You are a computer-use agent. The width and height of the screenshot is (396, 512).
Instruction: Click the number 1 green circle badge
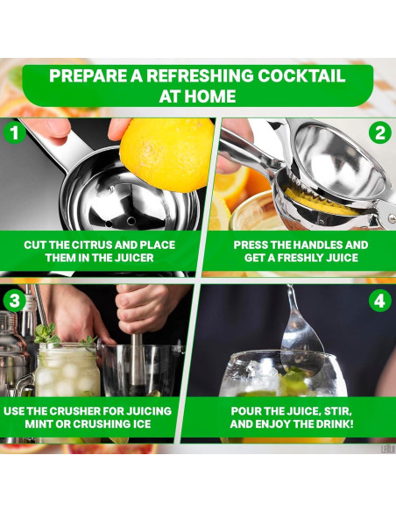[x=14, y=132]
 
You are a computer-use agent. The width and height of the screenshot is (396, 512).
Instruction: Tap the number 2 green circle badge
[x=380, y=133]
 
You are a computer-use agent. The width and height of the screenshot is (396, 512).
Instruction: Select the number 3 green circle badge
[x=15, y=301]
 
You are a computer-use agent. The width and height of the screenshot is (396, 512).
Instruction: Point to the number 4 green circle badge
[x=379, y=301]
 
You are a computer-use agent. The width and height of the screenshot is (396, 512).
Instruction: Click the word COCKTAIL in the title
[x=301, y=75]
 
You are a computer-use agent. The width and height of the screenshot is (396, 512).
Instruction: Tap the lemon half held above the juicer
[x=166, y=154]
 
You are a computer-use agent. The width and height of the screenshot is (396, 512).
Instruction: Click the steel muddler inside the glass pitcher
[x=138, y=362]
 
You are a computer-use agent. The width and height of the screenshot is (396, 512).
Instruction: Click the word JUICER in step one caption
[x=134, y=258]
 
